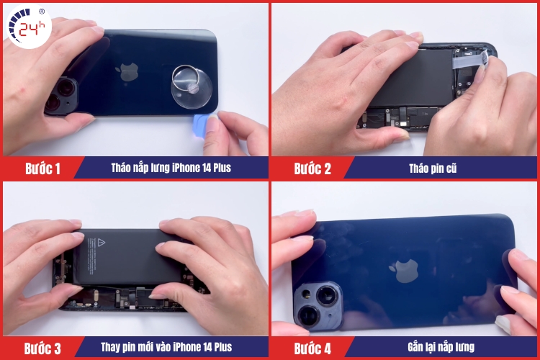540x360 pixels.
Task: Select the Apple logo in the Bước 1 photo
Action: [129, 71]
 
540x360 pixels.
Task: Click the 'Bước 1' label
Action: [42, 169]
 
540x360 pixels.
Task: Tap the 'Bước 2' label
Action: [312, 169]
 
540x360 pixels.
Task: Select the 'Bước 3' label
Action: [42, 348]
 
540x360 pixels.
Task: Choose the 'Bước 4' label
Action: [312, 348]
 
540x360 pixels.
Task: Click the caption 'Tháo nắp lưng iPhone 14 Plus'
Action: [171, 168]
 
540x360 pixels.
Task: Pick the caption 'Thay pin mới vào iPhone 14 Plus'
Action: [166, 348]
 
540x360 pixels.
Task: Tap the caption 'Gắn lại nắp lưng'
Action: [439, 348]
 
